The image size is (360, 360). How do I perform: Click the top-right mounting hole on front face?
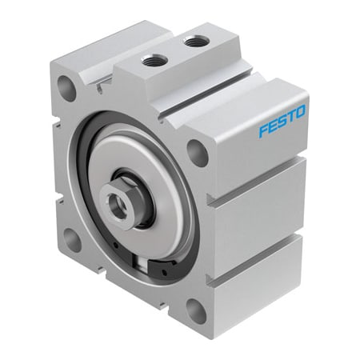pyautogui.click(x=198, y=152)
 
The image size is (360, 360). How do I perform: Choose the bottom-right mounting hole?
pyautogui.click(x=195, y=309)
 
